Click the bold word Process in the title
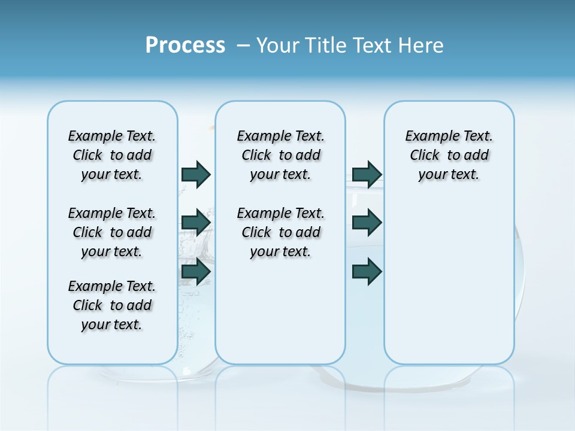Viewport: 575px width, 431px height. click(x=185, y=45)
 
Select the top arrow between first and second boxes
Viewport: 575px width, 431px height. click(x=196, y=174)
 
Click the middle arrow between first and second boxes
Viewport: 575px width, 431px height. click(x=196, y=223)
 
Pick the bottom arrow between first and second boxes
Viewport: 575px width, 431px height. click(x=196, y=272)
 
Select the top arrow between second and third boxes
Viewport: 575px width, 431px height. click(x=367, y=174)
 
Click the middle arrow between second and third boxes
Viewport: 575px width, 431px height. click(x=367, y=223)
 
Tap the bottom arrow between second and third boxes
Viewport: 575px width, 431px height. click(x=367, y=272)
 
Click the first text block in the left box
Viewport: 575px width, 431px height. click(x=112, y=155)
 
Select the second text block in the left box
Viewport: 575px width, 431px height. click(x=112, y=232)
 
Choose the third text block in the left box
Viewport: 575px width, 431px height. click(x=112, y=305)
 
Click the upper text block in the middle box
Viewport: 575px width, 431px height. click(x=280, y=155)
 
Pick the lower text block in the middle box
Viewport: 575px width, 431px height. click(x=280, y=232)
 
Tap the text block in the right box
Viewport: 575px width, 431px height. click(x=449, y=155)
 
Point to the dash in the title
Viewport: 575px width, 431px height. click(x=243, y=45)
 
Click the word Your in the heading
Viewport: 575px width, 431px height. click(x=279, y=45)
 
